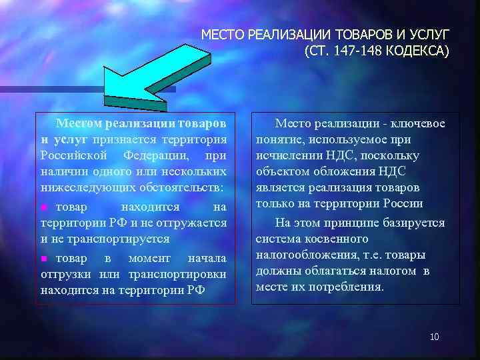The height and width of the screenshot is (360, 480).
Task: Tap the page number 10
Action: pos(434,337)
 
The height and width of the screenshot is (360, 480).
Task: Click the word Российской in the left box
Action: pos(70,156)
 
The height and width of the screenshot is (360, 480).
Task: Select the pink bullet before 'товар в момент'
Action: pos(45,258)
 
